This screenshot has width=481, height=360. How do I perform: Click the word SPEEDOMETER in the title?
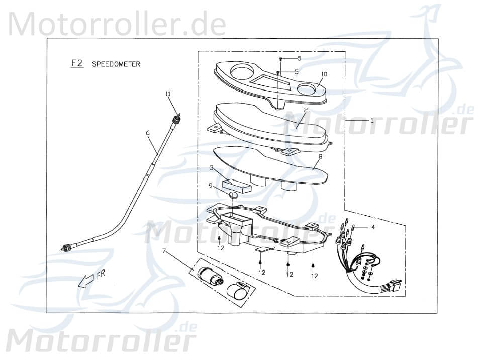pos(116,64)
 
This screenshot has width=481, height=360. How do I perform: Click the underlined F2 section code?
pos(77,64)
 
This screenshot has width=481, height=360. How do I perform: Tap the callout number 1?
pos(372,121)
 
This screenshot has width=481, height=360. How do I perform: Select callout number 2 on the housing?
pos(305,109)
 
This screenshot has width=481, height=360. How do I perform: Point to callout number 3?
pos(212,167)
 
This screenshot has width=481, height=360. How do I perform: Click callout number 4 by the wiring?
pos(372,227)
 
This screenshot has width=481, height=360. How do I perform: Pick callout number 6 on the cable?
pos(148,133)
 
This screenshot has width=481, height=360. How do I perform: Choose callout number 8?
pos(319,157)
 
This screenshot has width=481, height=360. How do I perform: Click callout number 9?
pos(210,186)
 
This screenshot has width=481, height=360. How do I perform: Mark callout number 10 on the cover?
pos(324,74)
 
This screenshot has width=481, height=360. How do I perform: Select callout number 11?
pos(168,94)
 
